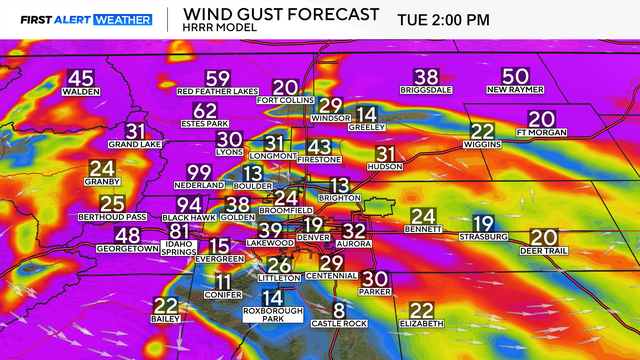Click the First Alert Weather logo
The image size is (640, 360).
(86, 19)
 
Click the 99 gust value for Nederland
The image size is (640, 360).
(199, 172)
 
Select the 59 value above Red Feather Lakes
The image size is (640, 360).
(217, 79)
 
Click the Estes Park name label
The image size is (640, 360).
(204, 125)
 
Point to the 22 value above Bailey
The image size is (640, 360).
(165, 307)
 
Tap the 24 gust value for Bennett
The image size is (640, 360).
(423, 216)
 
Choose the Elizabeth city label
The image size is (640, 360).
(421, 324)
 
